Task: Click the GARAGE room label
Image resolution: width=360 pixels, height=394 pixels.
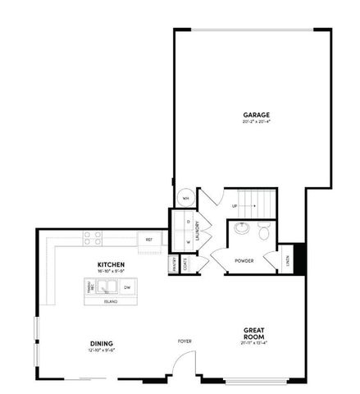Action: [256, 114]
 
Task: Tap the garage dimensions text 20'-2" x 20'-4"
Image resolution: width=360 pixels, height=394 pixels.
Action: [256, 121]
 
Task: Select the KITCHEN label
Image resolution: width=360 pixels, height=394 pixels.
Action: [109, 263]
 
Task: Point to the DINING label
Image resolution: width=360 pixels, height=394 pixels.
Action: [102, 343]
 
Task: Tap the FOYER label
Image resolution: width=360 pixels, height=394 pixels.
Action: [185, 340]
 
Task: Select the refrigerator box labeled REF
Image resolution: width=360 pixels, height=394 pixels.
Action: [149, 239]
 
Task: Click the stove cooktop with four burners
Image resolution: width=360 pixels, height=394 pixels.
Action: [93, 238]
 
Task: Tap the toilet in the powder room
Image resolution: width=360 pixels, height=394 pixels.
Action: [264, 233]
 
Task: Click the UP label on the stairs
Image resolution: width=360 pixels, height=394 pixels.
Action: [235, 205]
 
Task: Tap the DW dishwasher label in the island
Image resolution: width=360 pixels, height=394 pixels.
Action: [126, 288]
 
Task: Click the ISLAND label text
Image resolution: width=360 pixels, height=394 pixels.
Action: [110, 301]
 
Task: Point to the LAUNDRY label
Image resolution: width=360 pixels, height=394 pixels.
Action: [198, 233]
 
